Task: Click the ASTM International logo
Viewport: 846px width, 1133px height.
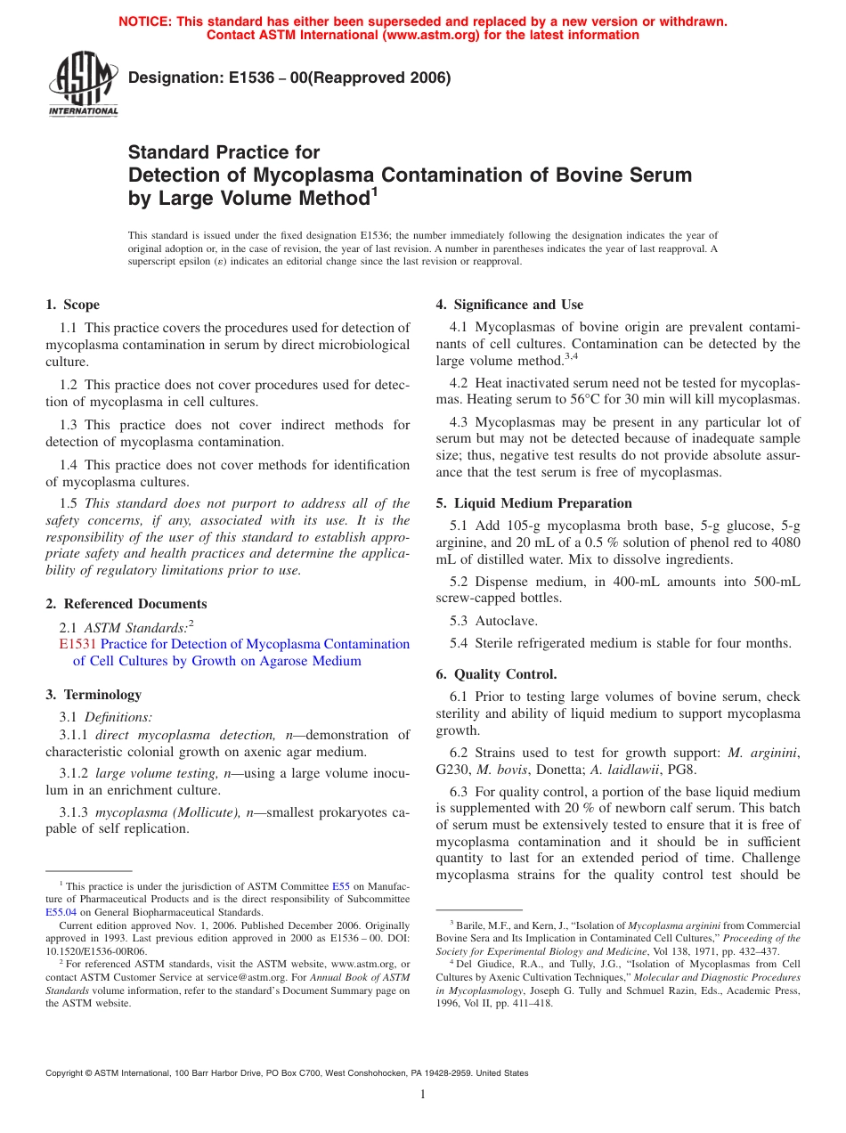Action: (83, 85)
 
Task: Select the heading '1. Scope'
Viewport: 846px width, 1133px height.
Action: (73, 305)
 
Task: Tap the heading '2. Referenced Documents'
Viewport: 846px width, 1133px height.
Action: (126, 604)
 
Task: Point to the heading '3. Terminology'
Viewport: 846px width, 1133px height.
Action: (94, 695)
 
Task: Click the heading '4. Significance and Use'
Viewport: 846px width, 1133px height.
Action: (509, 305)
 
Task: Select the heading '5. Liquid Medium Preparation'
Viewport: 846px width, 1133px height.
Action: (534, 503)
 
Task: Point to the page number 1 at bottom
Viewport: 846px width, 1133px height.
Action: (423, 1095)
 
